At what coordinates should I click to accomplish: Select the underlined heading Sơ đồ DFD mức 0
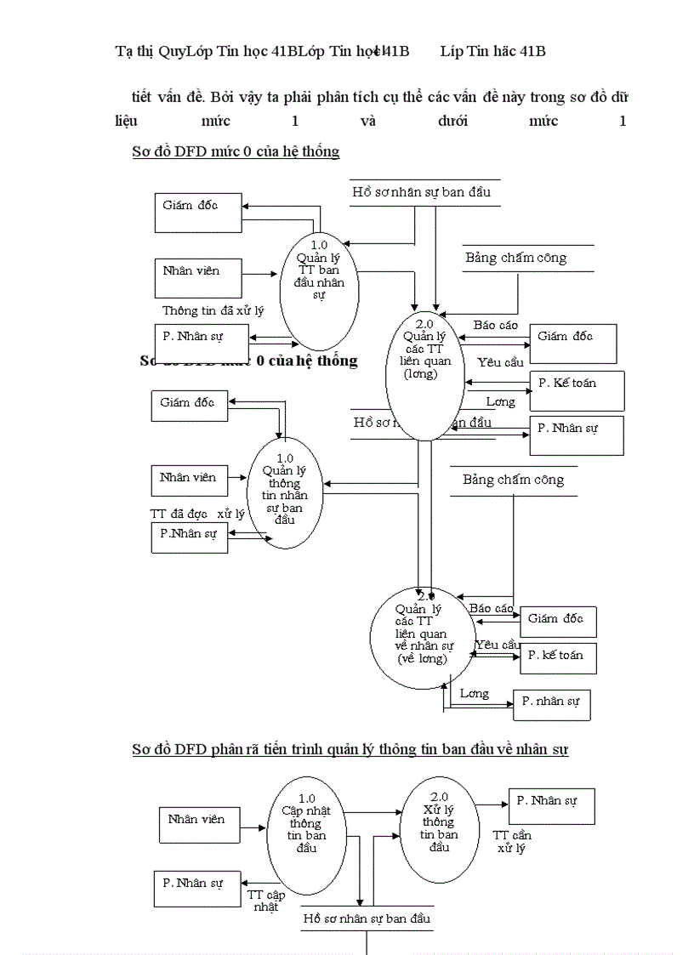click(x=236, y=152)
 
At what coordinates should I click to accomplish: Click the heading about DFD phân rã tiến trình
click(x=350, y=749)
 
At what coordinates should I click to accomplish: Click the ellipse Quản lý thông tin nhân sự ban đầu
click(x=285, y=491)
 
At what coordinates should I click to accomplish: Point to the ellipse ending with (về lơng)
click(x=421, y=637)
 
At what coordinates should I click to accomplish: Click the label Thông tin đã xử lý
click(x=213, y=311)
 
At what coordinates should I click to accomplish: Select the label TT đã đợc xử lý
click(x=196, y=514)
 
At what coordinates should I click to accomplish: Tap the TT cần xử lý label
click(x=513, y=842)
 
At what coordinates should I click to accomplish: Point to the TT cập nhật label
click(x=265, y=901)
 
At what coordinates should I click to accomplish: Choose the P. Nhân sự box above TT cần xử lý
click(x=550, y=805)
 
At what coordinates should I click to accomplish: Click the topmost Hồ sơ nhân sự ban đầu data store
click(x=422, y=192)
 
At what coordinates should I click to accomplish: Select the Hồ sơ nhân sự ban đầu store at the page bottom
click(x=367, y=919)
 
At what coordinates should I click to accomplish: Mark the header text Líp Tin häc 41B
click(x=492, y=52)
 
